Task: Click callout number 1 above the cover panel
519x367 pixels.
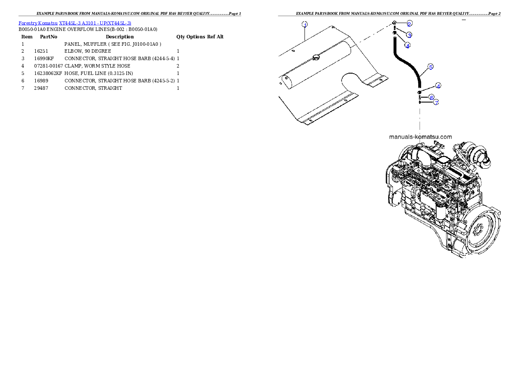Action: coord(305,24)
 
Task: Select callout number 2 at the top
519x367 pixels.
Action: coord(410,24)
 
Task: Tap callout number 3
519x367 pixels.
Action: coord(409,34)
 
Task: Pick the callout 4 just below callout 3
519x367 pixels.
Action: coord(407,45)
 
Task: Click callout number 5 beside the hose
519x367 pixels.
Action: coord(430,67)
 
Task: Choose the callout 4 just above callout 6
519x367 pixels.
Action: coord(438,86)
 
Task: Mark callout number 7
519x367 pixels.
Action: coord(435,102)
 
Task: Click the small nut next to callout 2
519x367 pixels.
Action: coord(394,23)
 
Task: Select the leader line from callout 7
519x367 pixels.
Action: coord(426,102)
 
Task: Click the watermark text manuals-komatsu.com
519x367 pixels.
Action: coord(420,136)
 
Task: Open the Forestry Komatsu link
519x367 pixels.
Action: coord(38,23)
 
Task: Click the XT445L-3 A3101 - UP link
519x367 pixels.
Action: coord(95,23)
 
